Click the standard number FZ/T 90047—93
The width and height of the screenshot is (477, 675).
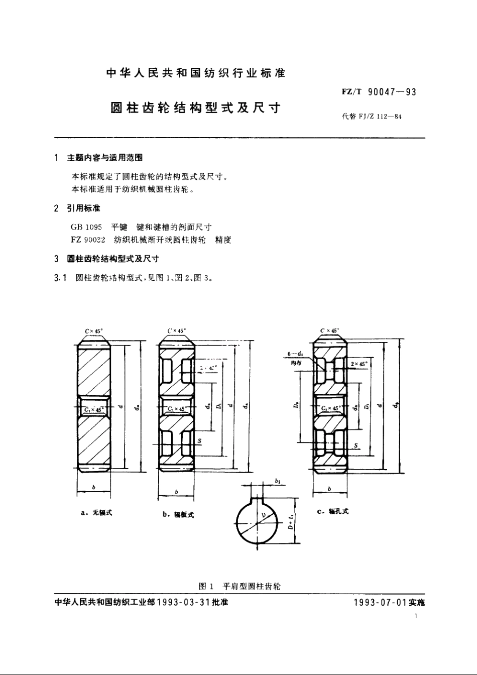coord(379,92)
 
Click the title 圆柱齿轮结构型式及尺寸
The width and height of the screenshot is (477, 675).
coord(195,108)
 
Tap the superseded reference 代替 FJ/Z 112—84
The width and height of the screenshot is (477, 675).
coord(372,117)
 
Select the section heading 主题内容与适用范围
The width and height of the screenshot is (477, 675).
coord(105,158)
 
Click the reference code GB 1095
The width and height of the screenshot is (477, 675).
coord(86,228)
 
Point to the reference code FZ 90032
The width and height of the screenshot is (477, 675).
coord(88,240)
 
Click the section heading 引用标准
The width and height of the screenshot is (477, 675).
coord(84,208)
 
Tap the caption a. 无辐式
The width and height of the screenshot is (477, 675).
coord(96,513)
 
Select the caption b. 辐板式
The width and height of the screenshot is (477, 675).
coord(178,514)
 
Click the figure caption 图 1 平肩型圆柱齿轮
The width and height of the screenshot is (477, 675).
coord(240,586)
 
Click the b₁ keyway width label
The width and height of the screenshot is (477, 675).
coord(278,481)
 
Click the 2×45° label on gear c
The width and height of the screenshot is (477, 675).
coord(359,364)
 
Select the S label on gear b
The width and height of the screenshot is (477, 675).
coord(200,441)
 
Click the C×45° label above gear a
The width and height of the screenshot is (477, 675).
coord(94,331)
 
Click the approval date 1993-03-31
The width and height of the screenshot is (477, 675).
coord(184,602)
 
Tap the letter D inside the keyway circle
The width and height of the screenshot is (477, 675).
coord(263,515)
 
